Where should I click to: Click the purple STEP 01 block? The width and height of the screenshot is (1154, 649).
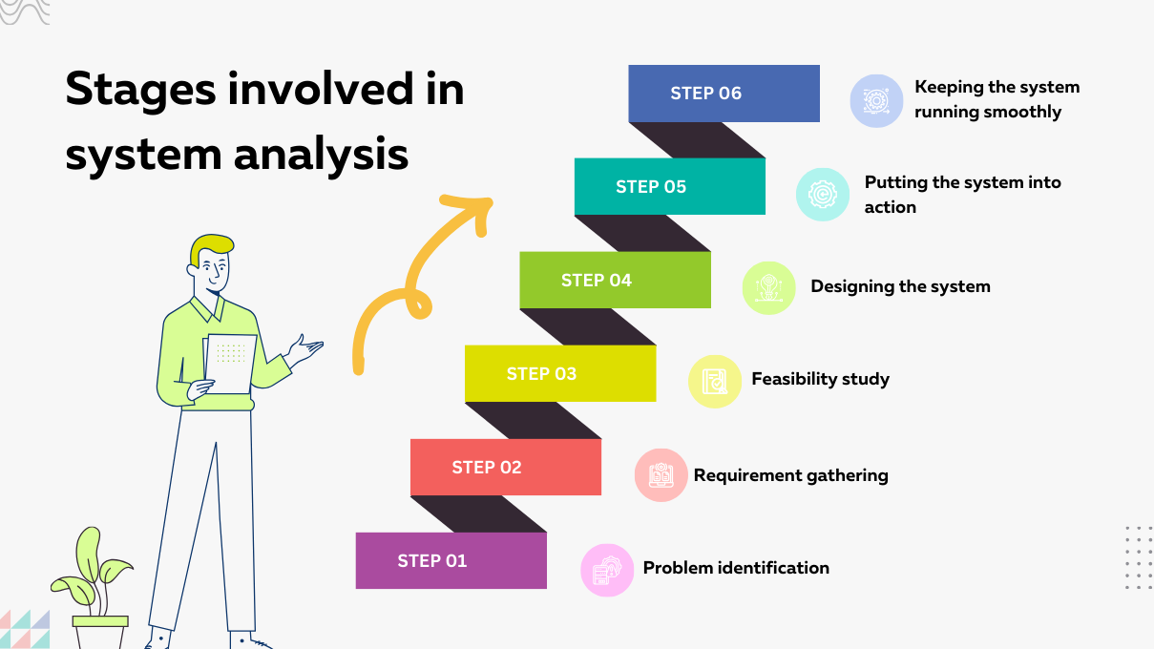(451, 560)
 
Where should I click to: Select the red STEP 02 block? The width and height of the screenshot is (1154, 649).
(505, 467)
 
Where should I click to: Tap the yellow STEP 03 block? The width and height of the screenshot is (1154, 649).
(559, 373)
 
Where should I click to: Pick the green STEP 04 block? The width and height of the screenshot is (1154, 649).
(615, 280)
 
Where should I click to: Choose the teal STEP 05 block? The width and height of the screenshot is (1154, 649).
(669, 186)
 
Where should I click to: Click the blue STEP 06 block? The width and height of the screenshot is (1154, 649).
(724, 94)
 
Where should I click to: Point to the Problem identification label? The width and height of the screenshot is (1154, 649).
(736, 568)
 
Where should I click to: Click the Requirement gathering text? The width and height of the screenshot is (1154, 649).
(790, 475)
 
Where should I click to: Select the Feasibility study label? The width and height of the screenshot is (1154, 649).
(820, 379)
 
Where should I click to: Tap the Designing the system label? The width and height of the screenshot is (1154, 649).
(900, 286)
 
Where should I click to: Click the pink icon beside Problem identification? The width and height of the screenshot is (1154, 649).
(607, 571)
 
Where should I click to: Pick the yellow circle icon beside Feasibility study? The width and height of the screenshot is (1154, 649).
(715, 382)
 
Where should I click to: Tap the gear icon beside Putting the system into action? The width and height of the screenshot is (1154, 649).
(823, 195)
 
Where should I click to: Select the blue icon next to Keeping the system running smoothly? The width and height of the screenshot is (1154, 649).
(876, 101)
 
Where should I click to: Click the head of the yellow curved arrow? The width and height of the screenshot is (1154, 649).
(474, 205)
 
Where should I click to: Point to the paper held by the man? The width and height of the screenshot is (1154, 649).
(232, 363)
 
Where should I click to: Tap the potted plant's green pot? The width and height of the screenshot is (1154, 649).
(100, 632)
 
